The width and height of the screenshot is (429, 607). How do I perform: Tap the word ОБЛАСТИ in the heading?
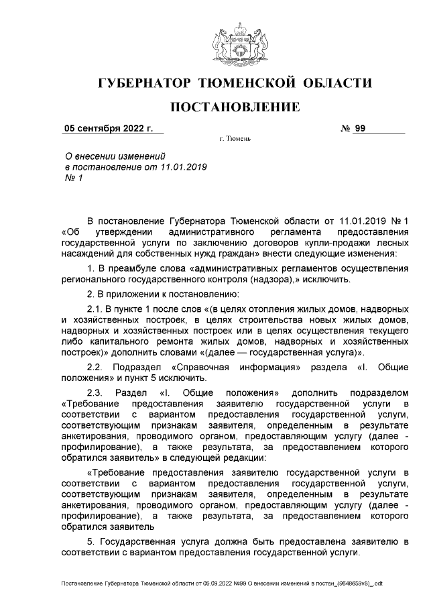pos(335,84)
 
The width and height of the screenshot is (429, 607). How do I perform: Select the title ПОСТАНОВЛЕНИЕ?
pos(234,107)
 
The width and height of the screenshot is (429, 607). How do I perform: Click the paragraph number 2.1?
pos(97,309)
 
